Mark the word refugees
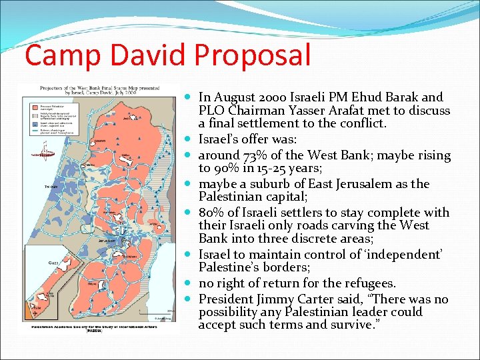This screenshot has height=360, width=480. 369,283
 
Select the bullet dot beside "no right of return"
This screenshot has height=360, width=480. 189,283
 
